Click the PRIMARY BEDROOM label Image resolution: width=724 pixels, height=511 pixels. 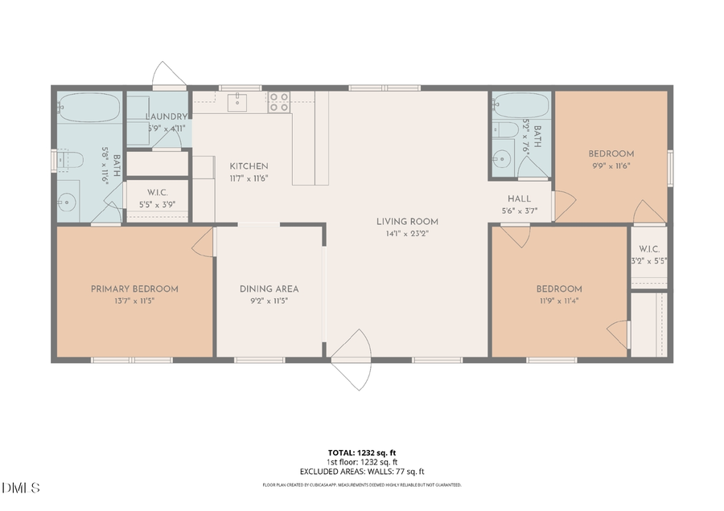click(134, 288)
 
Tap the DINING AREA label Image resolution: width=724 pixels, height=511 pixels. click(269, 288)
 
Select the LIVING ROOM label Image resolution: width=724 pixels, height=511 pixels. click(407, 221)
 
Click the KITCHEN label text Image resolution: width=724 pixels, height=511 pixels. click(249, 166)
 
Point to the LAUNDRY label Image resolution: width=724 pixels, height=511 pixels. click(167, 117)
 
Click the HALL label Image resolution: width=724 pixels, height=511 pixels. click(519, 198)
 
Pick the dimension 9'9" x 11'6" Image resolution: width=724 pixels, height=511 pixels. click(611, 166)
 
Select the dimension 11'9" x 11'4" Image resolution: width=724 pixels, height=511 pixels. click(559, 302)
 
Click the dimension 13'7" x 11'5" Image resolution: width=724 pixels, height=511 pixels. click(134, 300)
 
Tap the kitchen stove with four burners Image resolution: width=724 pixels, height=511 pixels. click(279, 101)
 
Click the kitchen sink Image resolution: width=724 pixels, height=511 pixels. click(238, 101)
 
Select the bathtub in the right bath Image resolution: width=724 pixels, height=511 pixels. click(520, 104)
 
